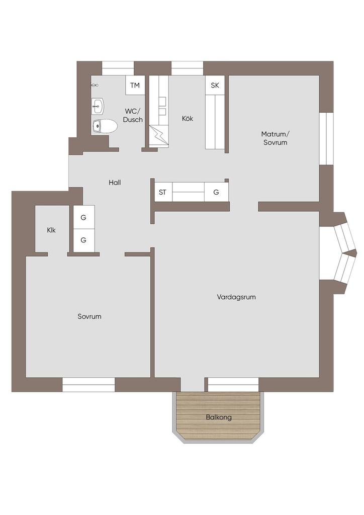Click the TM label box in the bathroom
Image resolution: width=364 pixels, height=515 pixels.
coord(135,85)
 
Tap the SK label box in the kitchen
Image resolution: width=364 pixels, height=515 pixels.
coord(215,85)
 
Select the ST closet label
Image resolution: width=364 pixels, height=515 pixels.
coord(163,192)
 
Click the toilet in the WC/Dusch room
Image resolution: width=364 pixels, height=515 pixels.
coord(105,126)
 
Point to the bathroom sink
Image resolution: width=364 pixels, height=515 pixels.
coord(98,106)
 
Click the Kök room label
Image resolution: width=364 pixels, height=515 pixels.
coord(188,118)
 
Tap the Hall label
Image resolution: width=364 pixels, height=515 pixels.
coord(115,182)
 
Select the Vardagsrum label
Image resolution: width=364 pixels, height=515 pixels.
coord(236,297)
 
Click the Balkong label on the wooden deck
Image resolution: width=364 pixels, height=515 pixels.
coord(219,417)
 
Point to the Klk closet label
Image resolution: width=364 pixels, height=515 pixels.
coord(51,230)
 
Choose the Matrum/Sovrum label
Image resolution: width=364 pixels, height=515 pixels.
coord(276,138)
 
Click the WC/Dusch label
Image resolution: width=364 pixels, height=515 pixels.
coord(133,115)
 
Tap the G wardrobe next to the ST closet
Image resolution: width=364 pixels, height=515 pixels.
coord(216,192)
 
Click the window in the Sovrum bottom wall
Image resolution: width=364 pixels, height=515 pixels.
coord(88,385)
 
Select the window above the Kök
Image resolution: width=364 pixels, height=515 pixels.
coord(188,68)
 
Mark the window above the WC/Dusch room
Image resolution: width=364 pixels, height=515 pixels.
coord(118,68)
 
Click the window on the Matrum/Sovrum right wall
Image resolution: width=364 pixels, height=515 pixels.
coord(327,138)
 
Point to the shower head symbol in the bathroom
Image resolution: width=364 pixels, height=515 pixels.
coord(94,85)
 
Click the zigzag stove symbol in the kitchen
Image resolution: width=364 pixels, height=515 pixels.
coord(159,135)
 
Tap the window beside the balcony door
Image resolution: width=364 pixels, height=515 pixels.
coord(233,385)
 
